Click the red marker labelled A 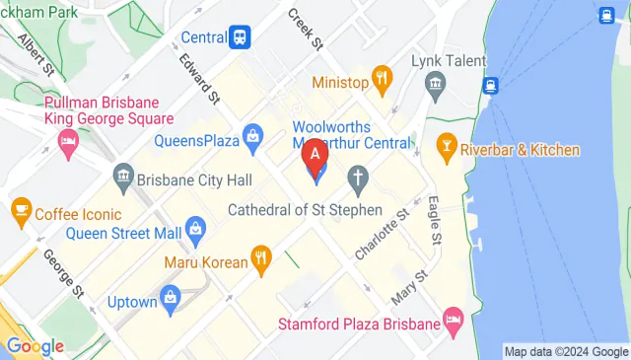point(315,156)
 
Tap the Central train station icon point(239,37)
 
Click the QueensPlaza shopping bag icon point(253,135)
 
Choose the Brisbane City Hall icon point(123,180)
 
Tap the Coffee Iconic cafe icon point(21,209)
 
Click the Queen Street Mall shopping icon point(196,234)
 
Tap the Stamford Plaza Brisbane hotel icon point(453,319)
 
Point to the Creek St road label point(305,31)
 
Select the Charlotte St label point(382,236)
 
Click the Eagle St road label point(433,220)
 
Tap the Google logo point(35,346)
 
